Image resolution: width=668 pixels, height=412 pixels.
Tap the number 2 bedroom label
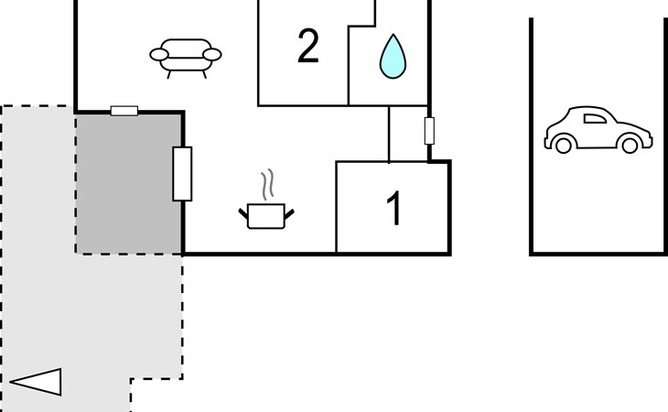pos(308,47)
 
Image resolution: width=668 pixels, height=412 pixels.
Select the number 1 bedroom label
pos(393,209)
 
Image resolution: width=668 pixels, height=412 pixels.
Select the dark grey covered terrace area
pos(128,183)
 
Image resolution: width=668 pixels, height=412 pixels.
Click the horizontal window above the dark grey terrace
pos(124,112)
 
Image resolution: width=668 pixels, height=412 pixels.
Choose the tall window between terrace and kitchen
pos(182,173)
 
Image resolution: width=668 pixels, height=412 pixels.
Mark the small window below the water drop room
pos(428,131)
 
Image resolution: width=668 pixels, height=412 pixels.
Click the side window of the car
pos(593,117)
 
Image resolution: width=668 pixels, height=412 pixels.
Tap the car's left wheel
pos(564,144)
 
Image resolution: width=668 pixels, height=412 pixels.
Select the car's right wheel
pos(629,144)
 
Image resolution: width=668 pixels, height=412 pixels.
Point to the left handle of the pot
pos(243,212)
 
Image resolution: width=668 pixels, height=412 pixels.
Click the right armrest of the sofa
pos(212,56)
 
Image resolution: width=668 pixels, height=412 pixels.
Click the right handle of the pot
pos(289,212)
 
